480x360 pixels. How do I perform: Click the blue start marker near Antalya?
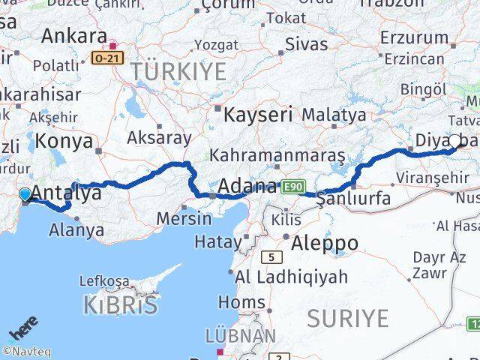pyautogui.click(x=25, y=195)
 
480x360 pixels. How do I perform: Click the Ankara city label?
pyautogui.click(x=73, y=35)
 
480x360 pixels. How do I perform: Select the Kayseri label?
pyautogui.click(x=258, y=115)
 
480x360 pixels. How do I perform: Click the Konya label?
pyautogui.click(x=64, y=140)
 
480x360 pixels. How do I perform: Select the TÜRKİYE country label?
pyautogui.click(x=178, y=72)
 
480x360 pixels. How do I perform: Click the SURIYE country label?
pyautogui.click(x=347, y=318)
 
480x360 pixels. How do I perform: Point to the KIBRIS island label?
pyautogui.click(x=121, y=306)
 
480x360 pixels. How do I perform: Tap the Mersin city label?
pyautogui.click(x=184, y=219)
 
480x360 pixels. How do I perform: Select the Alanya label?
pyautogui.click(x=76, y=229)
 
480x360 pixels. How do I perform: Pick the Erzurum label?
pyautogui.click(x=414, y=37)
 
